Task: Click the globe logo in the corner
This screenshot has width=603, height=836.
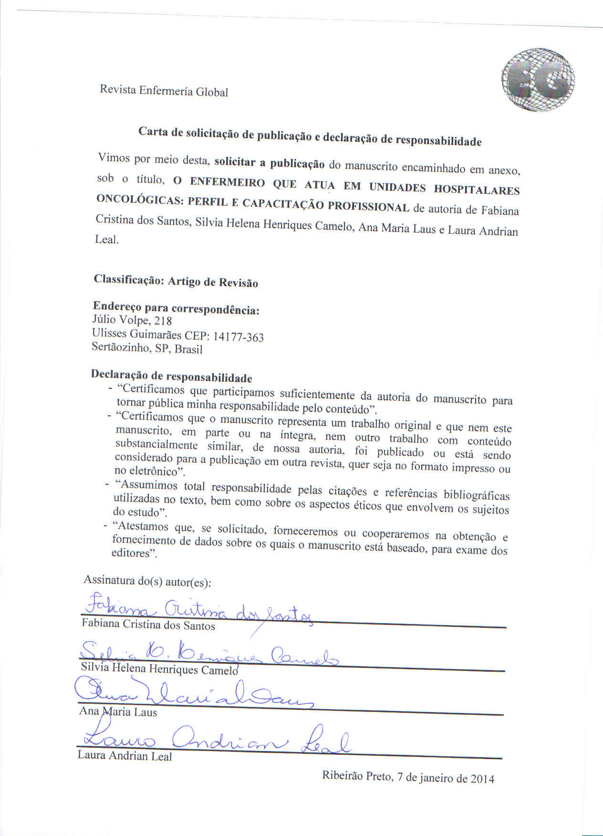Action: (x=538, y=80)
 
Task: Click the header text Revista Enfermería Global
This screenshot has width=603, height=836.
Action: (x=164, y=91)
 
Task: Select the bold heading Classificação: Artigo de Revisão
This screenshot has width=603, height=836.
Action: (x=176, y=281)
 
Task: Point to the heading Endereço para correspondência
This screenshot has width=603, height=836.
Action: (x=176, y=308)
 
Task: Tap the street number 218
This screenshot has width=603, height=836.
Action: (x=163, y=321)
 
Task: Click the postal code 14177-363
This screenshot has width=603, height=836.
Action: (x=238, y=337)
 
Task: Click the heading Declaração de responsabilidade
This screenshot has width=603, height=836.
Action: (x=171, y=376)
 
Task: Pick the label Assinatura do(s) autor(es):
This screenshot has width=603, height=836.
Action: (x=147, y=581)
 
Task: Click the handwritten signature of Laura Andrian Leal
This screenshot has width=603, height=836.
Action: (x=215, y=740)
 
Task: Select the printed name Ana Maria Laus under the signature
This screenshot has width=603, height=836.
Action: (x=118, y=712)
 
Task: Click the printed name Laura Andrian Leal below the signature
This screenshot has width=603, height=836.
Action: (x=125, y=756)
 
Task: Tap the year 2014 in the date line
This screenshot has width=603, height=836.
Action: (x=482, y=779)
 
